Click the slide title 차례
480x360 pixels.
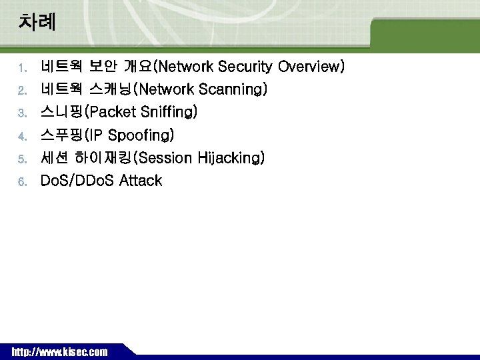(x=37, y=22)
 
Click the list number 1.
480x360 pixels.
(x=21, y=67)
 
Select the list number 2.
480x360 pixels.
(x=21, y=90)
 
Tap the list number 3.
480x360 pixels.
(x=21, y=113)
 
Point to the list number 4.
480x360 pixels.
(x=21, y=136)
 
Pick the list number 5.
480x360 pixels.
(x=21, y=159)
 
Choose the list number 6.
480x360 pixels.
(x=21, y=181)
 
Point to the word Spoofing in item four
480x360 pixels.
(x=140, y=135)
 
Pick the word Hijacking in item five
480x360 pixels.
(x=231, y=158)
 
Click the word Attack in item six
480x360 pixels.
(x=141, y=181)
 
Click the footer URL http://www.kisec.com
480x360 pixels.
(x=59, y=352)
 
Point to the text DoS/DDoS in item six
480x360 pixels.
(x=77, y=181)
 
